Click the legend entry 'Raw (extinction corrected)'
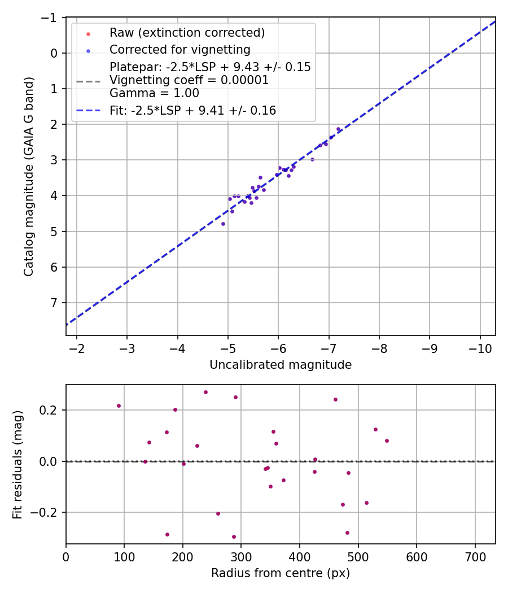tap(187, 33)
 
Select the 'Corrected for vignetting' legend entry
tap(179, 49)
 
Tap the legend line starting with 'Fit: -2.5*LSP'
tap(192, 111)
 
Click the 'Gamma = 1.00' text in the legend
tap(154, 93)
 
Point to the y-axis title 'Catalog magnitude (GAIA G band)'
tap(29, 177)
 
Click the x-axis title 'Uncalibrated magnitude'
tap(281, 365)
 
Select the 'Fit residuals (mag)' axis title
tap(17, 464)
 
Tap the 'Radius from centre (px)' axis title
tap(281, 573)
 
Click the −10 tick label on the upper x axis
tap(480, 348)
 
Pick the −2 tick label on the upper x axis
tap(76, 348)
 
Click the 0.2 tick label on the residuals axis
tap(51, 410)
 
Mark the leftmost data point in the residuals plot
tap(119, 405)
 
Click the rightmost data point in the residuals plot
tap(387, 441)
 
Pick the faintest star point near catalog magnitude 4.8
tap(223, 224)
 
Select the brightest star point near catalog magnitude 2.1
tap(339, 129)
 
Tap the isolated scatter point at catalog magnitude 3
tap(312, 159)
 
